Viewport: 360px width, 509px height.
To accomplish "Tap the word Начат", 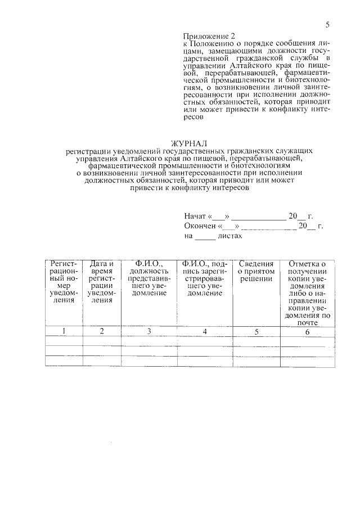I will (x=195, y=216).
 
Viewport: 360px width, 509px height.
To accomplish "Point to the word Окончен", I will (x=200, y=226).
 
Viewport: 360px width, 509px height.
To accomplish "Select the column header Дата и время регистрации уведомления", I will (x=102, y=282).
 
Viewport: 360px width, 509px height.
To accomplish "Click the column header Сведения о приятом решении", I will (x=256, y=271).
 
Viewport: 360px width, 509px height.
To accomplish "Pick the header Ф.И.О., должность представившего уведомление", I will (x=148, y=278).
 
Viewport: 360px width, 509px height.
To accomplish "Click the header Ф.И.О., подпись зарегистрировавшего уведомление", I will (x=205, y=278).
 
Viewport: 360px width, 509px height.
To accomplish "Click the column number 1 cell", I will (x=64, y=331).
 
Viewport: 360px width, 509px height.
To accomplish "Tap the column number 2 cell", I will (x=102, y=331).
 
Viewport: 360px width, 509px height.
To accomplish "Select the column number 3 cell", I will (x=149, y=331).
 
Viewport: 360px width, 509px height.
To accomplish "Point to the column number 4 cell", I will (x=205, y=331).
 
